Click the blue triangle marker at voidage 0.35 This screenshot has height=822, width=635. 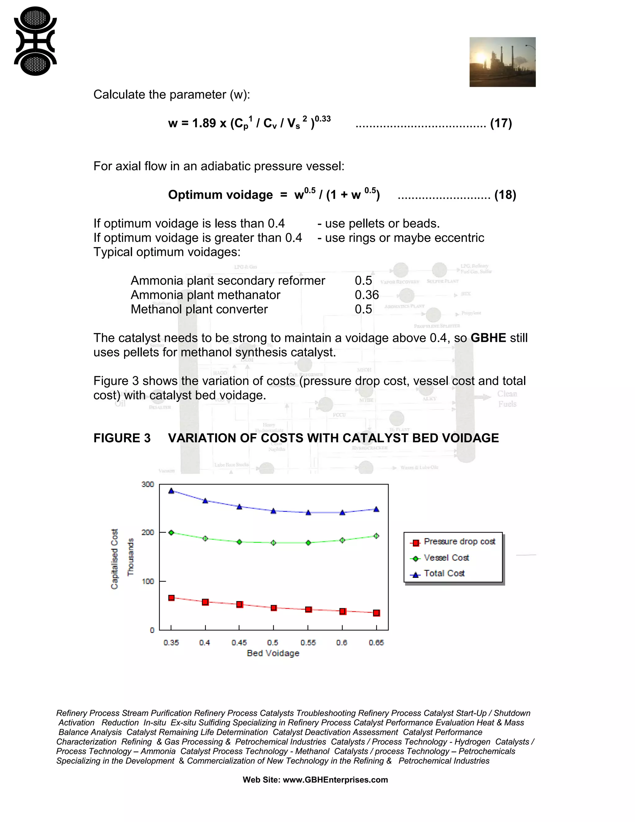tap(171, 491)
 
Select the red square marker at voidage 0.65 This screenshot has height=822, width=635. tap(376, 613)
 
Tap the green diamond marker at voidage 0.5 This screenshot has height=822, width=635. tap(273, 543)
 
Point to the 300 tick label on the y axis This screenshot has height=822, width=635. tap(148, 485)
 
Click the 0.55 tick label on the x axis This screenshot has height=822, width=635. tap(308, 643)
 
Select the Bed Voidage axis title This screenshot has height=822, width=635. tap(273, 653)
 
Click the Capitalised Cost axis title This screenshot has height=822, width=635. tap(115, 559)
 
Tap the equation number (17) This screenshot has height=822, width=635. tap(501, 123)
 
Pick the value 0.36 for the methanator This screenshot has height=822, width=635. tap(367, 295)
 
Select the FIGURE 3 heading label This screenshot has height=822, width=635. tap(122, 438)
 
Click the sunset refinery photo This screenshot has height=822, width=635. tap(502, 62)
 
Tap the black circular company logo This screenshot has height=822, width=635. tap(35, 41)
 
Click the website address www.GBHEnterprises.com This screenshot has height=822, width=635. tap(335, 780)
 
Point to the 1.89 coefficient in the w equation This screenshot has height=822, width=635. tap(204, 123)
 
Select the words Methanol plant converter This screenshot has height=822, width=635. tap(199, 309)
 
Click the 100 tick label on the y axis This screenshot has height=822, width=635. tap(148, 582)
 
